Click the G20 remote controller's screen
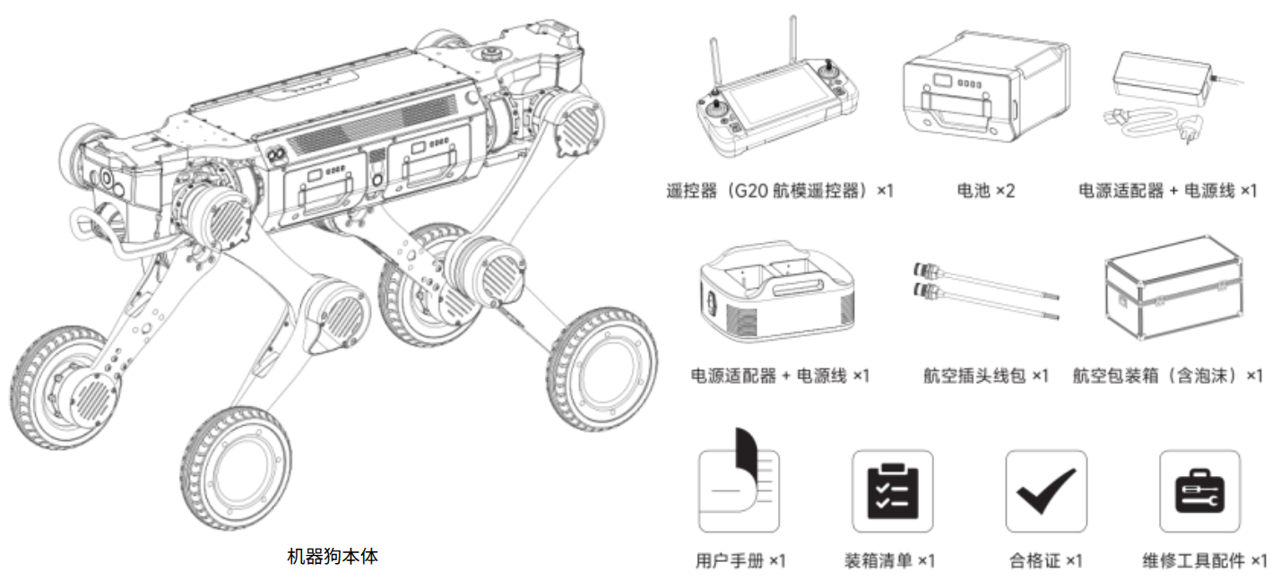776,107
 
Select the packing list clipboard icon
892,491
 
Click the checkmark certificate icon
1045,491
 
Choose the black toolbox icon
1199,491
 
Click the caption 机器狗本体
333,556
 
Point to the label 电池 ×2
986,191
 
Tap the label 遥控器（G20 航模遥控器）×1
780,191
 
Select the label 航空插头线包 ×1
986,376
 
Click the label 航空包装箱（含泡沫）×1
1167,376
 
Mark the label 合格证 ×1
1045,561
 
